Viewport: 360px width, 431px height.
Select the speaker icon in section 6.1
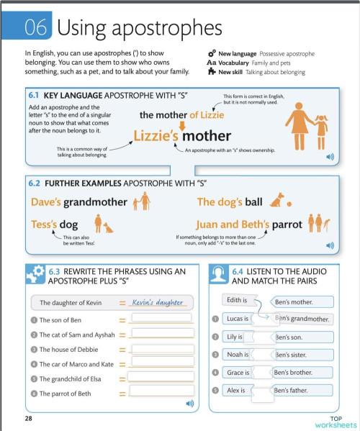(x=330, y=155)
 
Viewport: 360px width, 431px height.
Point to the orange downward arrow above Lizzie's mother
(x=182, y=124)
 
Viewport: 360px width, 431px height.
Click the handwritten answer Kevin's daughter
(x=158, y=303)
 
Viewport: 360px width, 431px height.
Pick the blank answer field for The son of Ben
(x=161, y=319)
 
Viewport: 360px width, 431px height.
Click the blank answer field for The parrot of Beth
(x=161, y=393)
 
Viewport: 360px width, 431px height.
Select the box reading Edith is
(x=237, y=300)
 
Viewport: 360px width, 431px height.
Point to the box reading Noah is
(x=237, y=355)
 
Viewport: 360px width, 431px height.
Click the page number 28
(x=29, y=418)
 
